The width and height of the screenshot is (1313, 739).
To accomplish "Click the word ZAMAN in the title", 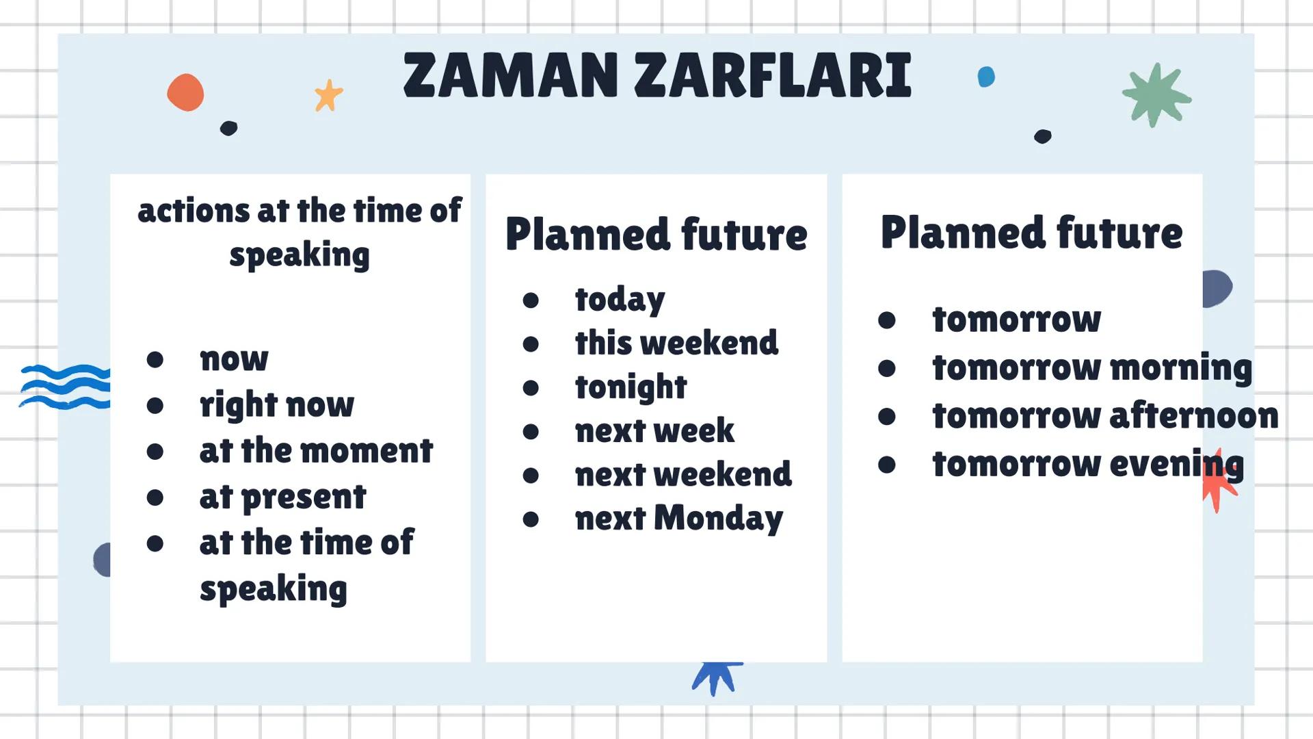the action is tap(511, 75).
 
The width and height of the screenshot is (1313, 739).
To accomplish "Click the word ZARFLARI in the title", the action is tap(773, 75).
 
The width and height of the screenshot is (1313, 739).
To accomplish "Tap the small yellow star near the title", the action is tap(328, 95).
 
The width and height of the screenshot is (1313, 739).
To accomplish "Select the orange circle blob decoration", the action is tap(185, 92).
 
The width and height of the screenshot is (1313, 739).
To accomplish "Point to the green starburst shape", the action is tap(1156, 95).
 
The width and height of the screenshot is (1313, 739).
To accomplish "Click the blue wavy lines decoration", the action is tap(66, 387).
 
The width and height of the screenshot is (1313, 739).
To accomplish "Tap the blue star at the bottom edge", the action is tap(716, 677).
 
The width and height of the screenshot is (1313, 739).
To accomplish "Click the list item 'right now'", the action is tap(277, 405).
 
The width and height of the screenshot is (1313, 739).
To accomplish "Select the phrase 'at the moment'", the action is tap(316, 451).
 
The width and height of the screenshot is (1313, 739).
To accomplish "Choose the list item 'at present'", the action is tap(283, 497).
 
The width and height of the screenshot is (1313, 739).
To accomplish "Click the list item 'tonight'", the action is tap(631, 388).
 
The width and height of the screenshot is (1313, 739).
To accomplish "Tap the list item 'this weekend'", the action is tap(676, 343).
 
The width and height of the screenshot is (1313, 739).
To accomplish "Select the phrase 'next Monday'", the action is tap(679, 519).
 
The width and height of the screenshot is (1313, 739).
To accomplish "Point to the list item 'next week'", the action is tap(654, 431).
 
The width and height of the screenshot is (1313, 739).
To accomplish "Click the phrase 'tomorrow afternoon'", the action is tap(1105, 416).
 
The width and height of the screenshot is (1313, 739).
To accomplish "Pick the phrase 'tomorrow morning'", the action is tap(1092, 369).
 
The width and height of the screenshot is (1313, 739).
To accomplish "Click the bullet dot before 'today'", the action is tap(531, 300).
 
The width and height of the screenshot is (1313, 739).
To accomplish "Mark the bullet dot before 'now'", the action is tap(155, 359).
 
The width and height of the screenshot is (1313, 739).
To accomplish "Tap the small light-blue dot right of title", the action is tap(986, 77).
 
